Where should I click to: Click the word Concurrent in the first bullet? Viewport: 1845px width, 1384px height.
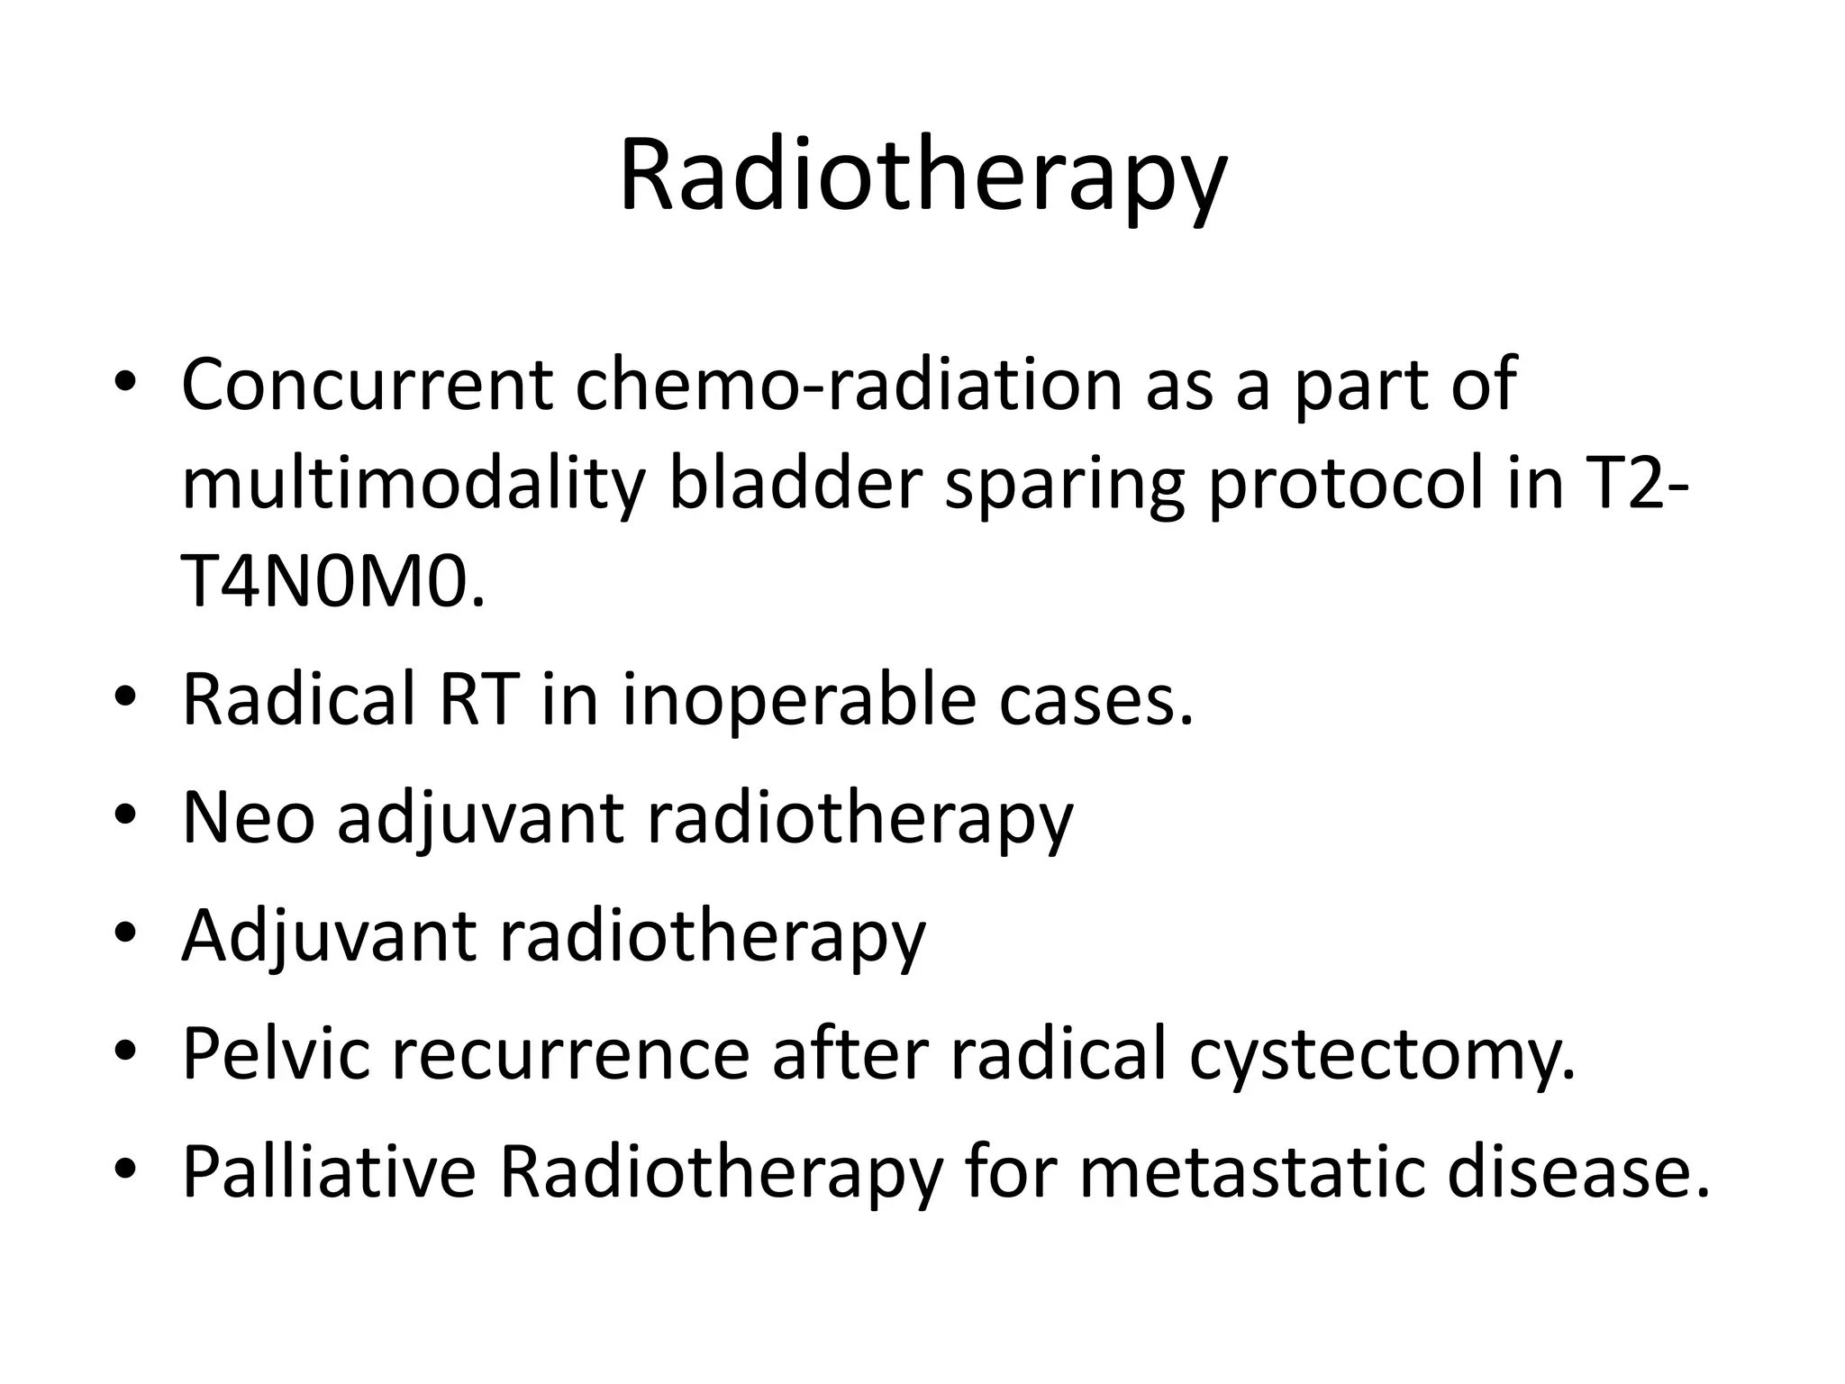point(367,385)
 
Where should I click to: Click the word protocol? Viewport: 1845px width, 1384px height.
point(1344,487)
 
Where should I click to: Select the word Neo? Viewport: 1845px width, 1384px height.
point(249,817)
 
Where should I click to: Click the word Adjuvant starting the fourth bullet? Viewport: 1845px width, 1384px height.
point(329,937)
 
